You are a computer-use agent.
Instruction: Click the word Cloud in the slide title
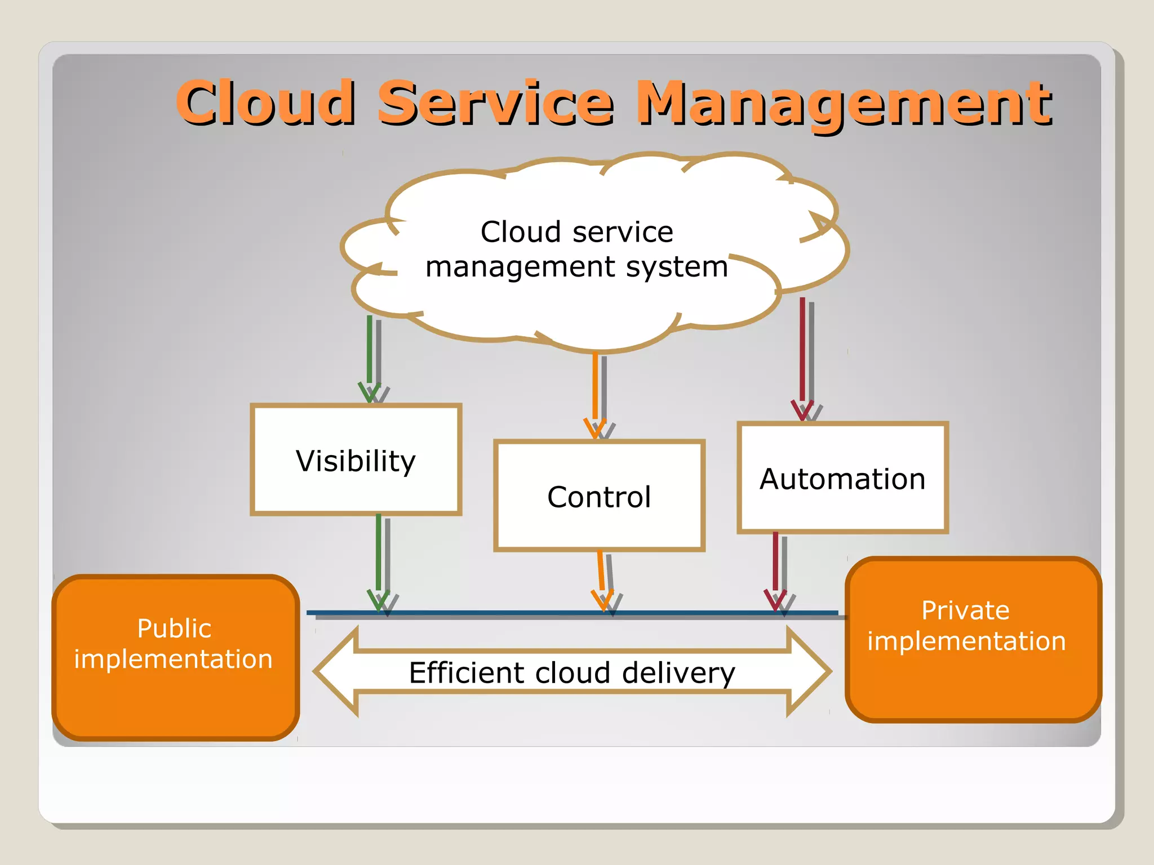pos(265,102)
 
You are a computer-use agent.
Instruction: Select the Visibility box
pos(356,460)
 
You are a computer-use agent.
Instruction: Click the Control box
pos(599,496)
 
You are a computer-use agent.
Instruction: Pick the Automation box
pos(842,478)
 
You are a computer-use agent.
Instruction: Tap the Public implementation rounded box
pos(175,657)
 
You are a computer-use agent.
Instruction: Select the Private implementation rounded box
pos(973,639)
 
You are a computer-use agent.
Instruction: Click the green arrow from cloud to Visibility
pos(370,355)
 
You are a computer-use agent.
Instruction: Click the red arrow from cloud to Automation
pos(802,355)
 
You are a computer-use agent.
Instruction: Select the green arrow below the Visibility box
pos(379,558)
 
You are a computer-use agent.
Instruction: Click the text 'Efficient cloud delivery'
pos(572,672)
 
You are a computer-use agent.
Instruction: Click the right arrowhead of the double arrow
pos(809,671)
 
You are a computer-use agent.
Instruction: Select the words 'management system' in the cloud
pos(576,266)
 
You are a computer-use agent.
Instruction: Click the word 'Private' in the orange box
pos(965,610)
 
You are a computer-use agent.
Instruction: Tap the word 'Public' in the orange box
pos(174,628)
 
